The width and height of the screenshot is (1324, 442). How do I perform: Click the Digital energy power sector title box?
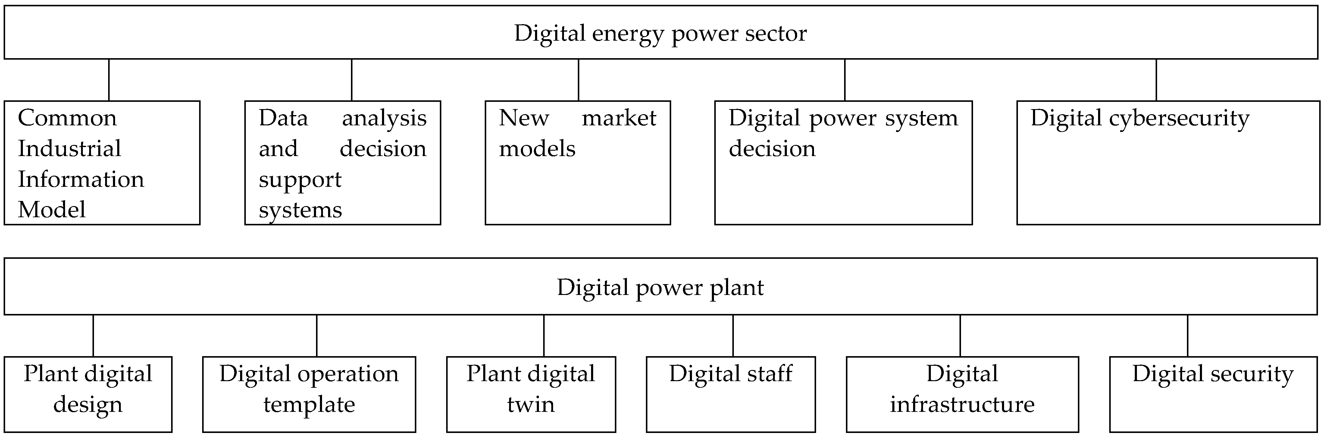pyautogui.click(x=661, y=32)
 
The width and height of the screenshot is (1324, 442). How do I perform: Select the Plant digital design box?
pyautogui.click(x=88, y=394)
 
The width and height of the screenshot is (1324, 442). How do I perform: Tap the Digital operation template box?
pyautogui.click(x=309, y=394)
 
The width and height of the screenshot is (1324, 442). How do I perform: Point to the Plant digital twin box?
pyautogui.click(x=531, y=394)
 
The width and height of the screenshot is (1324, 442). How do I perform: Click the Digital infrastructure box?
pyautogui.click(x=962, y=394)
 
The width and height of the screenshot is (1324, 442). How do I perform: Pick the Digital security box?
pyautogui.click(x=1213, y=394)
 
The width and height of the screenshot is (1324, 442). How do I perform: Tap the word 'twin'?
pyautogui.click(x=531, y=404)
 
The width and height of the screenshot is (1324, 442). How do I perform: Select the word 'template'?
pyautogui.click(x=309, y=404)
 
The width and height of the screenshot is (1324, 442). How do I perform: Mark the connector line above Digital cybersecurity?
pyautogui.click(x=1156, y=80)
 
